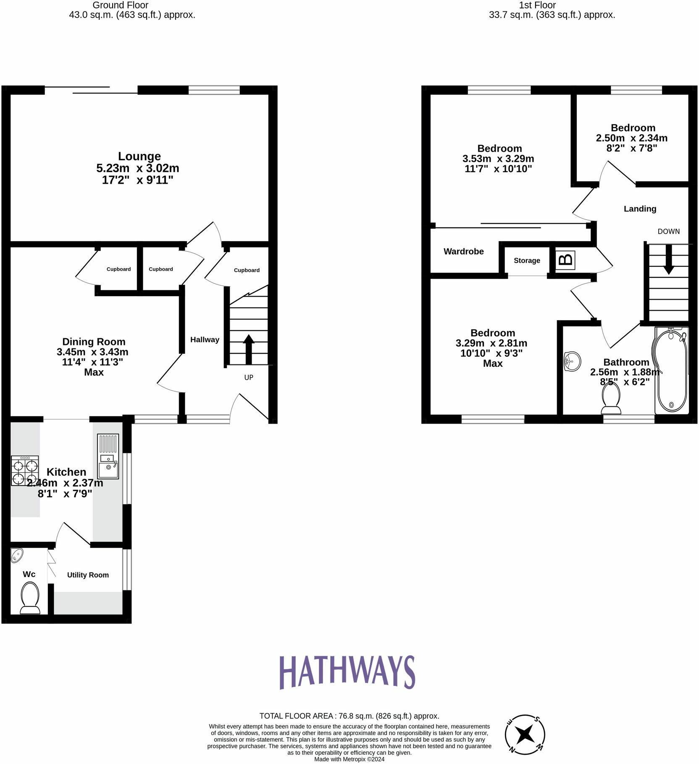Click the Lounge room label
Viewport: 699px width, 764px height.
point(139,156)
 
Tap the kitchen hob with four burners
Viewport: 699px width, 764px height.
point(25,471)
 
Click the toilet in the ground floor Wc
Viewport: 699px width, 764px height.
point(30,600)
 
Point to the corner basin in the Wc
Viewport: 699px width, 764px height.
point(17,555)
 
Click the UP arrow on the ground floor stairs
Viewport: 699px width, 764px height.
point(249,349)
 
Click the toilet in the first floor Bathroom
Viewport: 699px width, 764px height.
point(611,398)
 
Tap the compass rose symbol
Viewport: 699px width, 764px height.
point(525,735)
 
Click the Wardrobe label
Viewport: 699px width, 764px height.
point(463,251)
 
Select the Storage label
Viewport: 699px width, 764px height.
point(527,261)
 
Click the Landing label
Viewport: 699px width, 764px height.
point(639,209)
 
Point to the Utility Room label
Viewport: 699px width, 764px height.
point(88,575)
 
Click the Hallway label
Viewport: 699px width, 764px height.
point(205,340)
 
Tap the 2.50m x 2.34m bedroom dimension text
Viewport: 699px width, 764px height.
point(631,138)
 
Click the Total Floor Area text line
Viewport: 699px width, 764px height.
point(349,716)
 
